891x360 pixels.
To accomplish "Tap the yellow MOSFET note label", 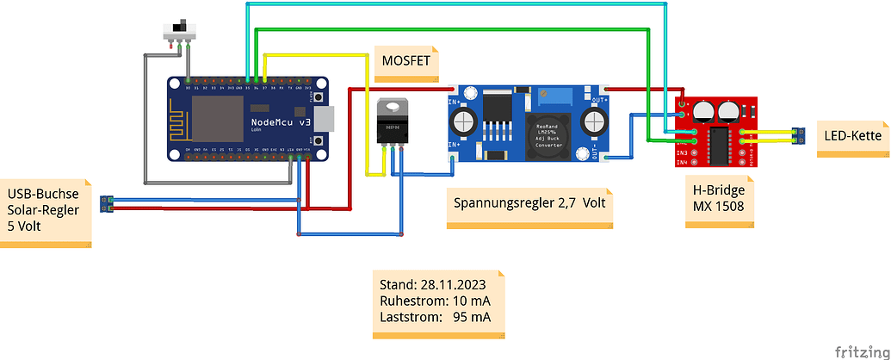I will click(x=405, y=61).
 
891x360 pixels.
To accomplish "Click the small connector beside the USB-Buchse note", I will click(x=106, y=203).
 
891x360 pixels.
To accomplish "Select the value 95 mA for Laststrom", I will click(x=473, y=317).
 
